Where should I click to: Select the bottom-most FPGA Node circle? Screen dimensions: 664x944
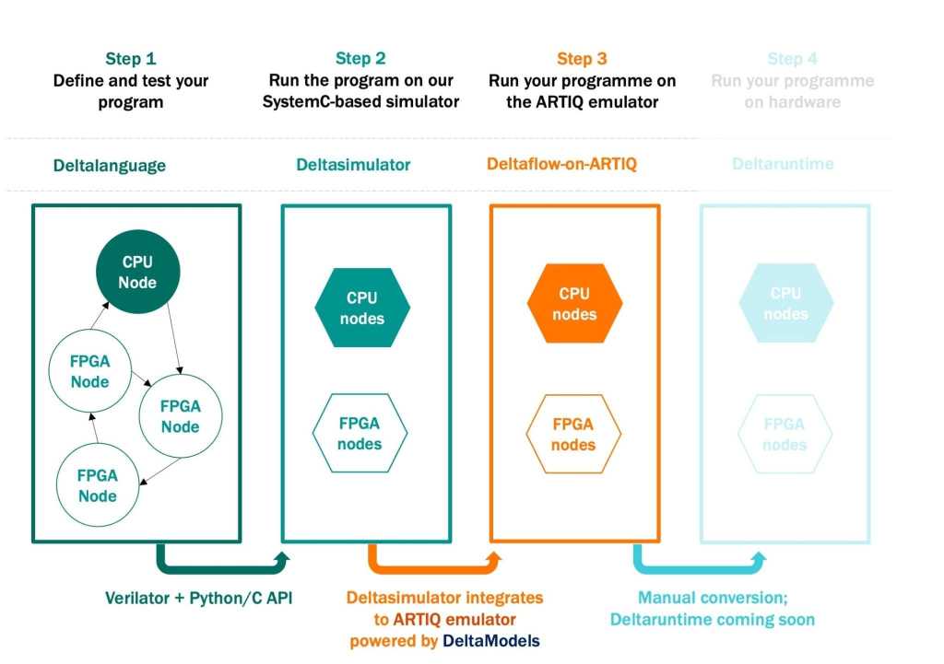[98, 486]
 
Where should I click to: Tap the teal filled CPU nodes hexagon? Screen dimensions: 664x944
[362, 308]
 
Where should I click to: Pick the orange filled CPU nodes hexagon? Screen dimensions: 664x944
[574, 304]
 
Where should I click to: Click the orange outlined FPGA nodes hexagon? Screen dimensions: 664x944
[573, 435]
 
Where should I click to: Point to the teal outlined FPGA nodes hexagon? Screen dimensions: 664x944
[360, 433]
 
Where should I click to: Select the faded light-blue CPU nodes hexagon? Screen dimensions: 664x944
[785, 303]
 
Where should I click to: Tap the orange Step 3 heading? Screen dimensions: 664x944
[582, 59]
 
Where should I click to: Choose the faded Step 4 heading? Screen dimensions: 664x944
[792, 59]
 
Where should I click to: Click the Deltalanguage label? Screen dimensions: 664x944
[110, 166]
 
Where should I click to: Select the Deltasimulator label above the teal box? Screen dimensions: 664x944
[353, 165]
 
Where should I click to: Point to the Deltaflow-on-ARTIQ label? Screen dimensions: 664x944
[561, 165]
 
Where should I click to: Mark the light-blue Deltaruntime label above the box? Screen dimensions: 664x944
[783, 164]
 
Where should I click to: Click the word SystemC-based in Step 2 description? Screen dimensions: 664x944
[316, 102]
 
